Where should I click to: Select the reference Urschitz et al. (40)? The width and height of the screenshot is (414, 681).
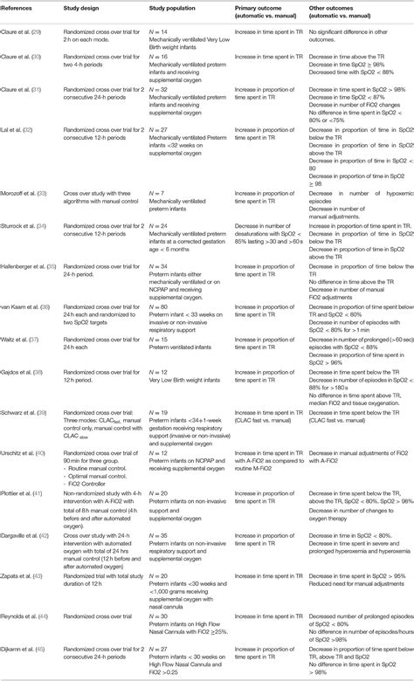[x=27, y=452]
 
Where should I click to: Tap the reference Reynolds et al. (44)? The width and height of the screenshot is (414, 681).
[x=28, y=616]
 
